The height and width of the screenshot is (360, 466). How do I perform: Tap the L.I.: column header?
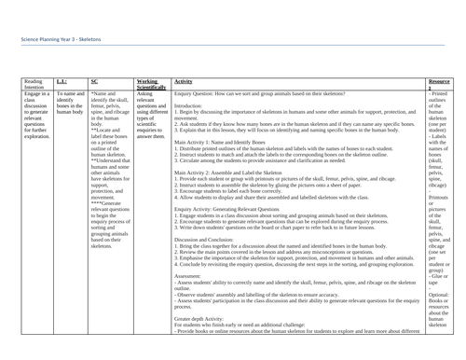[x=62, y=81]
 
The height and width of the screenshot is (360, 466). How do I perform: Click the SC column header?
[x=95, y=81]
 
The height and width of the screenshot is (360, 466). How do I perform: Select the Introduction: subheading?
[x=194, y=106]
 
